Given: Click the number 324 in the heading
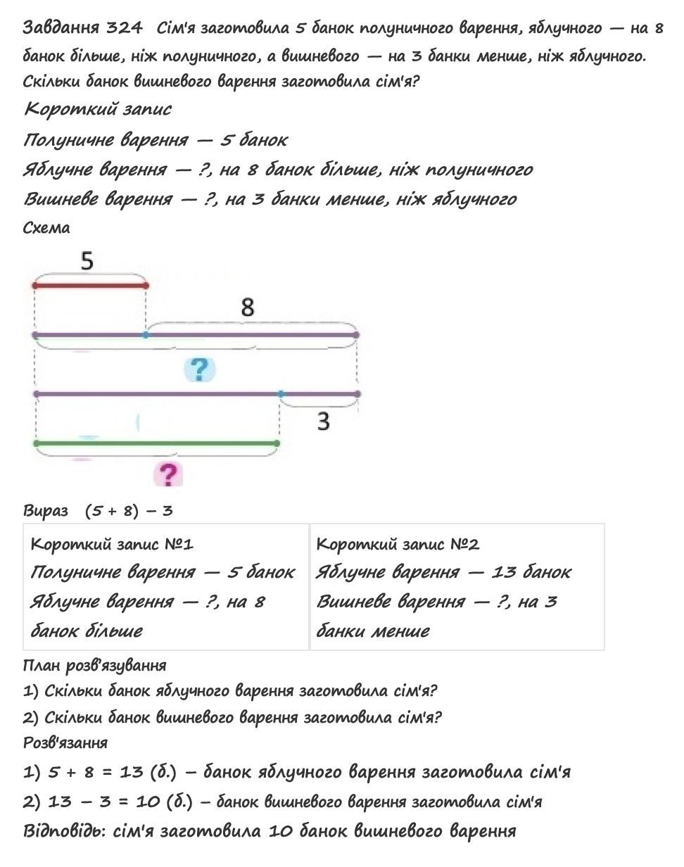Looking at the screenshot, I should pos(125,28).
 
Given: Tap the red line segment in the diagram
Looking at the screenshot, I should pos(90,286).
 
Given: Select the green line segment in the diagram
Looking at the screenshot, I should pos(156,443).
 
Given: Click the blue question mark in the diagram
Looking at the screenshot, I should pos(200,368).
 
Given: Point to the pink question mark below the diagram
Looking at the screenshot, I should pos(167,474).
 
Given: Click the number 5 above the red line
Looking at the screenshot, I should pos(87,262).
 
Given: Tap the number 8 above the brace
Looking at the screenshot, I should pos(247,307).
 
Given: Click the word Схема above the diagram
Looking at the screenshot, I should pos(46,228).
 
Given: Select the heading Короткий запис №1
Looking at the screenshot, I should pos(112,544).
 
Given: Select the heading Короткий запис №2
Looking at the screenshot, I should pos(398,544).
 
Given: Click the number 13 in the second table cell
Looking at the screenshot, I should pos(504,572).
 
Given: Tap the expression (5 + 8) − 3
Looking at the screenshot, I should pos(129,511).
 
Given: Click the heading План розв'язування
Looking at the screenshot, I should pos(94,666).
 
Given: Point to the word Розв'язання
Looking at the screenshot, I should pos(65,742).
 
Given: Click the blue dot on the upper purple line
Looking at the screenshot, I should pos(146,335).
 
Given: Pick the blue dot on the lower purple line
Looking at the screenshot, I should pos(281,394).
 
